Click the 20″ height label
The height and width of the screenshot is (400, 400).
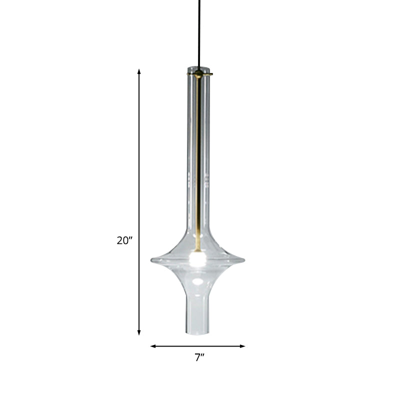[x=124, y=240]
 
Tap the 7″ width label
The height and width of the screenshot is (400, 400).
[x=198, y=357]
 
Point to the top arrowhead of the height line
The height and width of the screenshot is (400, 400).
[x=139, y=71]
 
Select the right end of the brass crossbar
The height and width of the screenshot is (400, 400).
[x=211, y=74]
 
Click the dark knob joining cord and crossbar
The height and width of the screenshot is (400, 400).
[x=199, y=74]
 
